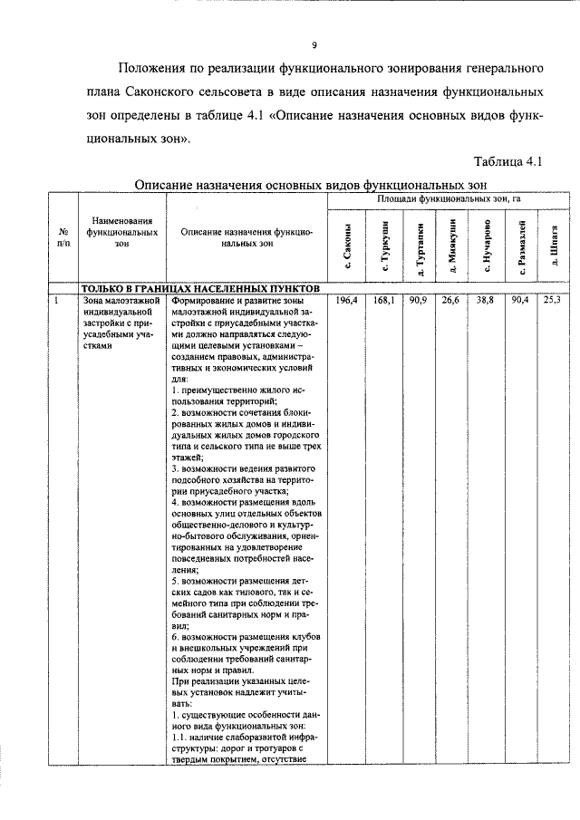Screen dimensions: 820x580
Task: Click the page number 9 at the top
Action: pyautogui.click(x=314, y=44)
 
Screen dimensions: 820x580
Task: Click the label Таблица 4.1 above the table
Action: pyautogui.click(x=507, y=162)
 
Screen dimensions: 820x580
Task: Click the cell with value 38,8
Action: pyautogui.click(x=485, y=300)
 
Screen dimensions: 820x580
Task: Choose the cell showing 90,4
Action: pyautogui.click(x=519, y=300)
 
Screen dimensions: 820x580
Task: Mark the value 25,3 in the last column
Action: pyautogui.click(x=551, y=300)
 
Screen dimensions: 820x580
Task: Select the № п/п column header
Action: pyautogui.click(x=62, y=237)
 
